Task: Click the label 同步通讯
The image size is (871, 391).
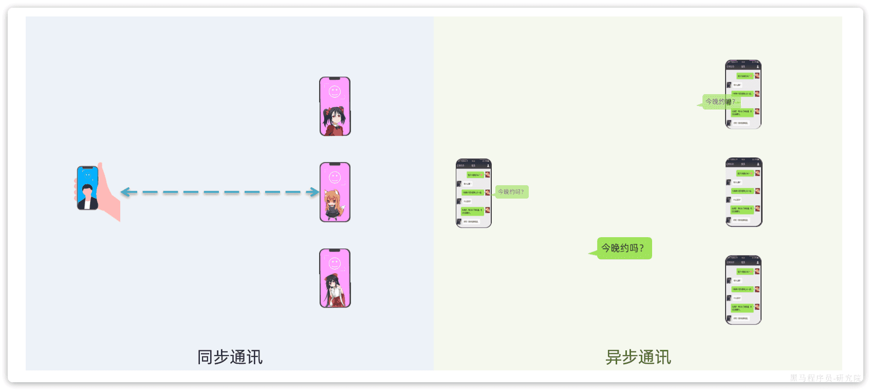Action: [230, 357]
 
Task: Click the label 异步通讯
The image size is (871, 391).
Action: [638, 357]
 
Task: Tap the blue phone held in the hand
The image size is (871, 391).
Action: [87, 188]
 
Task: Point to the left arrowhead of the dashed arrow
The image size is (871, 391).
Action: [125, 192]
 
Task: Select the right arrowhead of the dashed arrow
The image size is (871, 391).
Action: [314, 192]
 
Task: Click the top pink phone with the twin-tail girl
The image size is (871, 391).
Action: [335, 106]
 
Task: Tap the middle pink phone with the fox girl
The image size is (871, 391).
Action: [335, 192]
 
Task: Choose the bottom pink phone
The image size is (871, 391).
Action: [335, 278]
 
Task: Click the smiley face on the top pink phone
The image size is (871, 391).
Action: [335, 92]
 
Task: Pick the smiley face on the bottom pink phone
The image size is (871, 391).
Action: [335, 263]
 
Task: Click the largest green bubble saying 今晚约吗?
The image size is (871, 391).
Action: [624, 248]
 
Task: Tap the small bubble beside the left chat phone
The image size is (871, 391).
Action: [511, 192]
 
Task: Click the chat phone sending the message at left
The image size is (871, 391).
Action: [474, 193]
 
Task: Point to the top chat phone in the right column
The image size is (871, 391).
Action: [743, 94]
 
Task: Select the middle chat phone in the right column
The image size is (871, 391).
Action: [744, 192]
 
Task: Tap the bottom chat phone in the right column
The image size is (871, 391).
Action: [743, 290]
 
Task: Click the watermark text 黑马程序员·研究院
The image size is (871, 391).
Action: [825, 378]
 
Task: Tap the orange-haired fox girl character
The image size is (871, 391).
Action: [332, 203]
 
